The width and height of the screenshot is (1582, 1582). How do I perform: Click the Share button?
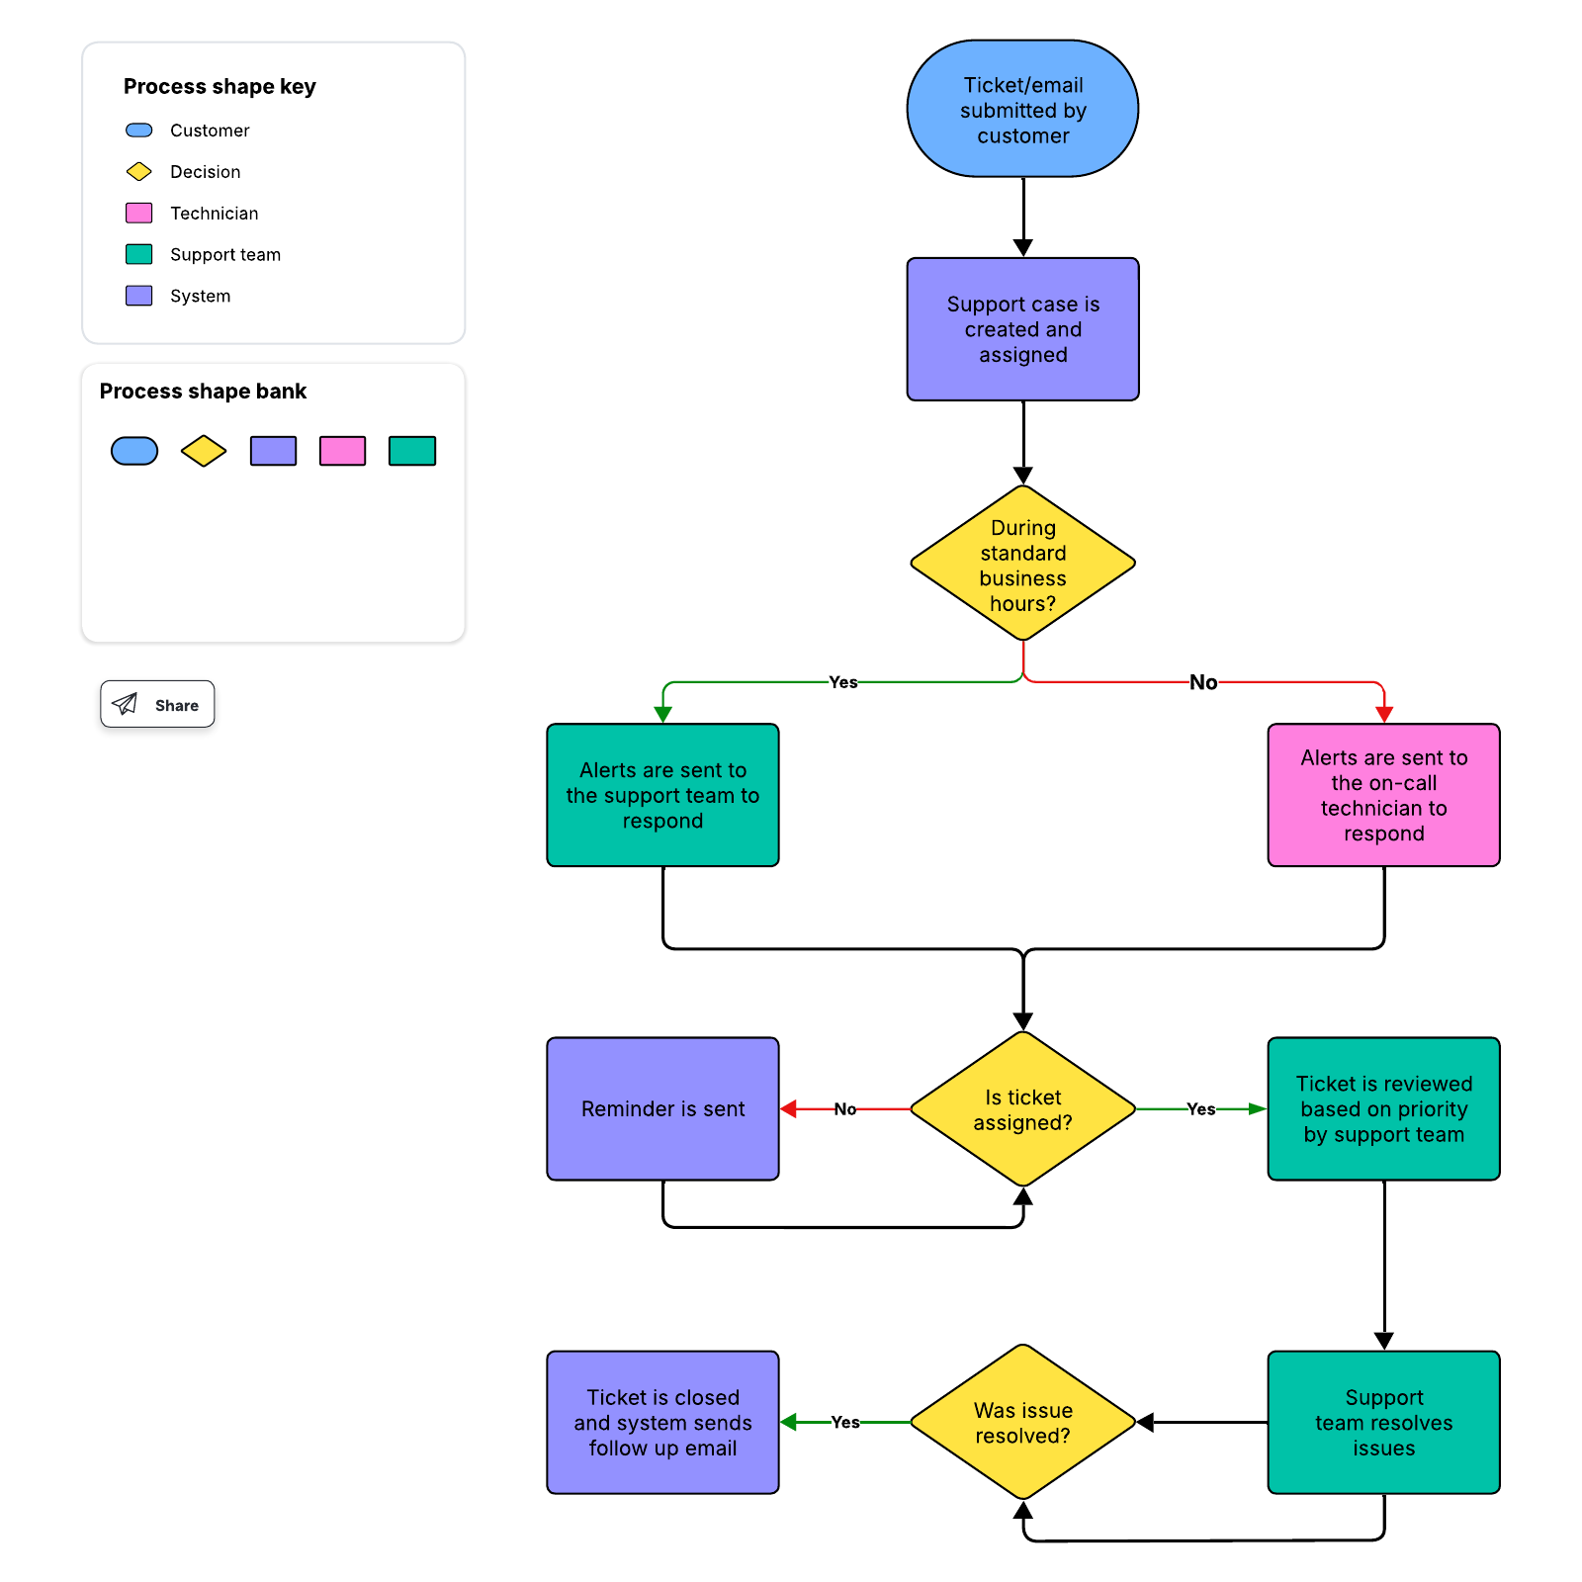click(157, 704)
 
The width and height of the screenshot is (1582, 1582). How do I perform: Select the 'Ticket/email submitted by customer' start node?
click(1022, 110)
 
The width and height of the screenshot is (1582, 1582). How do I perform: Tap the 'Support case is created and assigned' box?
click(1022, 329)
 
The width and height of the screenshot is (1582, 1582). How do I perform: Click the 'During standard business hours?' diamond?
click(1022, 565)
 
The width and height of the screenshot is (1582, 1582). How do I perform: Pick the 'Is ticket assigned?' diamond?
click(1022, 1109)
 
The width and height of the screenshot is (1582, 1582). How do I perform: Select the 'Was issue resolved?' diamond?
click(1022, 1423)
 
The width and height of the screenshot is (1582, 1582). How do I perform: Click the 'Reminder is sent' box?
click(662, 1109)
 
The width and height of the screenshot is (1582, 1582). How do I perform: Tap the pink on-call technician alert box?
click(1383, 795)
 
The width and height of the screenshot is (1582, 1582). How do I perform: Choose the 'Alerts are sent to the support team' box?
click(662, 795)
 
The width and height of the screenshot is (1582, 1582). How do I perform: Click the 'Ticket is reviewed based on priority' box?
click(1383, 1109)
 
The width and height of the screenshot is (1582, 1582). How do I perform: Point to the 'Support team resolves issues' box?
click(1383, 1423)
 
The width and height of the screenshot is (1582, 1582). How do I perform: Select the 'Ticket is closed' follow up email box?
click(662, 1423)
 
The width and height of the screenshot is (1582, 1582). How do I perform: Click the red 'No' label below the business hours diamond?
click(1203, 682)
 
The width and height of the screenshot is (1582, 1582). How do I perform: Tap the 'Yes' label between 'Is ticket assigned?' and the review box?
click(1200, 1109)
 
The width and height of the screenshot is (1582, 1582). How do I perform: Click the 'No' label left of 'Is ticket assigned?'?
click(844, 1109)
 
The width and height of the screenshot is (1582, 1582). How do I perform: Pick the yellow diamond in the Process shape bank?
click(204, 451)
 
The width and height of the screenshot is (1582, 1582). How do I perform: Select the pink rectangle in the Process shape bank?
click(342, 451)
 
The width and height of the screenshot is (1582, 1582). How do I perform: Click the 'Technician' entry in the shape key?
click(214, 214)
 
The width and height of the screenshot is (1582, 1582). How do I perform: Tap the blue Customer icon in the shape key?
click(139, 131)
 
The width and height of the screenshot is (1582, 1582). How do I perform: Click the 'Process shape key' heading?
click(220, 87)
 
